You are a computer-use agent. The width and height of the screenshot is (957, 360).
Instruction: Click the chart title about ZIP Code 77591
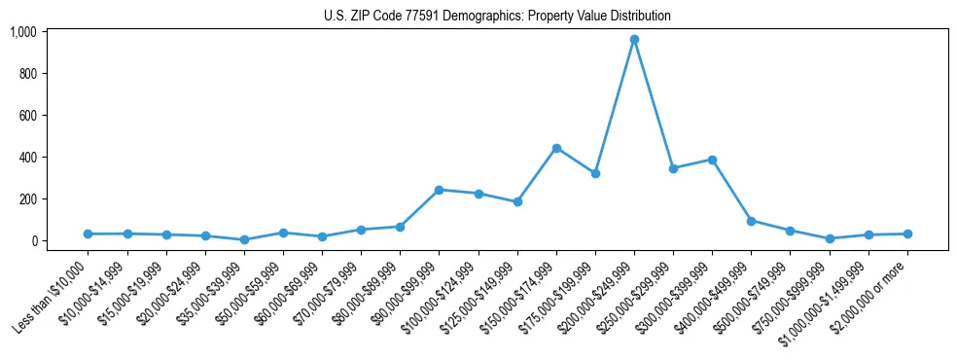pyautogui.click(x=497, y=16)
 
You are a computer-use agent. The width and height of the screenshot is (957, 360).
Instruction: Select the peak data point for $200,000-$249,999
pyautogui.click(x=634, y=40)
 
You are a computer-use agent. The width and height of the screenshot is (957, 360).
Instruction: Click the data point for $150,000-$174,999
pyautogui.click(x=556, y=148)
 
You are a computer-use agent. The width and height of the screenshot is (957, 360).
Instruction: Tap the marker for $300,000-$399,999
pyautogui.click(x=712, y=160)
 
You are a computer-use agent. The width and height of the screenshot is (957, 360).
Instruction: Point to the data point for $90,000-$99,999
pyautogui.click(x=439, y=190)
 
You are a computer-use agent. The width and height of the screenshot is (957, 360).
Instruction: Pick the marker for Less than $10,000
pyautogui.click(x=89, y=234)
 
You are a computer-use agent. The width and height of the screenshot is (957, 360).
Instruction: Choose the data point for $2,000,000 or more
pyautogui.click(x=907, y=234)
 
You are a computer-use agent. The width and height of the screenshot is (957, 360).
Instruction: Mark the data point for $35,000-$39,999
pyautogui.click(x=244, y=239)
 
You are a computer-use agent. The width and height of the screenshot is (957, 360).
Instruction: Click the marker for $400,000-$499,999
pyautogui.click(x=751, y=221)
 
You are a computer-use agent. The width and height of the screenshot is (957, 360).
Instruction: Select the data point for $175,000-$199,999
pyautogui.click(x=595, y=173)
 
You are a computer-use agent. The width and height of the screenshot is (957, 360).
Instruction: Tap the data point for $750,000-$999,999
pyautogui.click(x=830, y=238)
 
